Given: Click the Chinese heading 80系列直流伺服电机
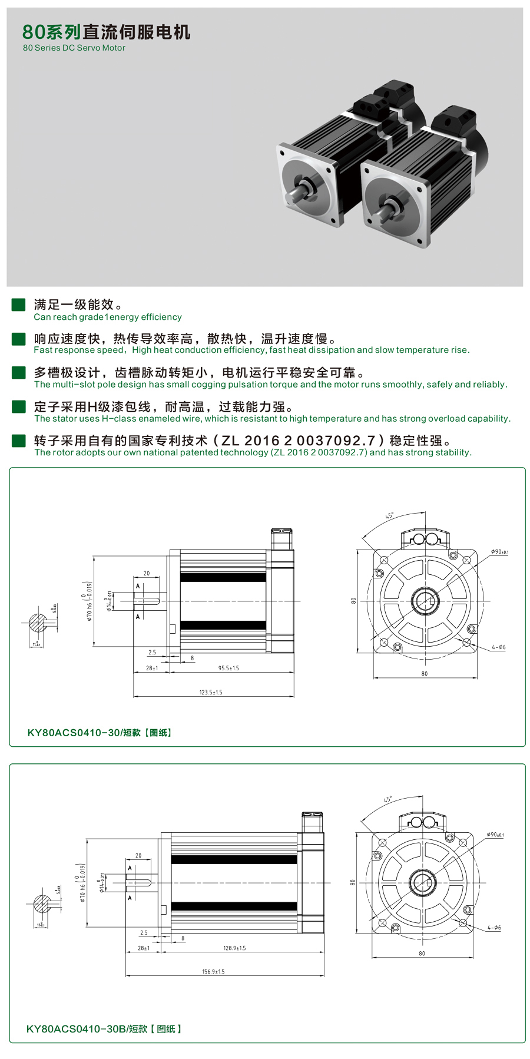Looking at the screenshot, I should (x=106, y=32).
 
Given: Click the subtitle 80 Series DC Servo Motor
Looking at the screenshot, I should (x=74, y=48).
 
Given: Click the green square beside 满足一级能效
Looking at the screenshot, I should (x=19, y=305).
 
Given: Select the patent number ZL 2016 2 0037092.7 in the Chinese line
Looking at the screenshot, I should (x=298, y=441).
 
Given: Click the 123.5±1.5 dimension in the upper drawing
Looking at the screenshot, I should (x=211, y=692).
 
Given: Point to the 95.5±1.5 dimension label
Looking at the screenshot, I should (x=228, y=668).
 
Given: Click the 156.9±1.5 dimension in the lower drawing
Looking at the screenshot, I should (x=213, y=971).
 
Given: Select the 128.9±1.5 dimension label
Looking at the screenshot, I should (x=234, y=948).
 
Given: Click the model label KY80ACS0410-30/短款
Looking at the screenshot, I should (x=99, y=733).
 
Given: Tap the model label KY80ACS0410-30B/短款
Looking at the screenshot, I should (x=104, y=1029).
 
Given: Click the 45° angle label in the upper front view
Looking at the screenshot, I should (x=389, y=515).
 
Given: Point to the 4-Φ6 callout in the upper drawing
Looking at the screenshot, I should (x=498, y=647).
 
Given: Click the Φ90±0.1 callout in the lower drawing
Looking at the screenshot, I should (x=495, y=835).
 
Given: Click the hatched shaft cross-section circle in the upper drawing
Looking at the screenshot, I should (x=38, y=623).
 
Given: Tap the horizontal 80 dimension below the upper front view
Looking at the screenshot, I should (x=425, y=673).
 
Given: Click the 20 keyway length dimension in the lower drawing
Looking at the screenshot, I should (x=138, y=855).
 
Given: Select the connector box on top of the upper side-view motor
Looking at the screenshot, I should (x=281, y=539).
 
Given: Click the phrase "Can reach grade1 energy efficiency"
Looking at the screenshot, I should (x=108, y=317).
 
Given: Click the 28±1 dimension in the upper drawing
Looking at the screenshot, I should (x=152, y=668).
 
